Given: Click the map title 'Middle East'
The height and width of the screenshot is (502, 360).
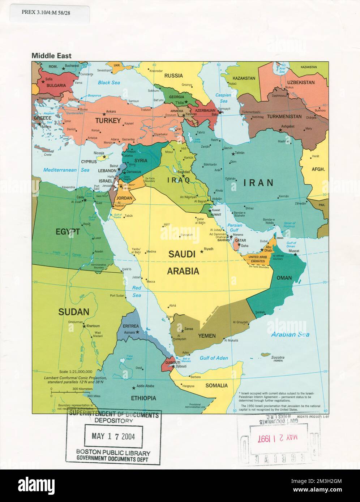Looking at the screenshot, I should click(x=51, y=56).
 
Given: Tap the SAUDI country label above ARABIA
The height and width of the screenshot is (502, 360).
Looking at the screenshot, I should click(x=182, y=254).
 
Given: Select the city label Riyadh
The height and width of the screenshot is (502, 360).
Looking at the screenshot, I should click(x=209, y=249).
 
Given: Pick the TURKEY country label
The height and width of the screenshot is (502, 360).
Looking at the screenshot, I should click(x=108, y=121).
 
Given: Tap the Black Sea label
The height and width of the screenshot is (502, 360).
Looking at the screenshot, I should click(x=109, y=83).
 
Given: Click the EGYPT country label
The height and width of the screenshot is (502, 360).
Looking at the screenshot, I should click(x=68, y=232).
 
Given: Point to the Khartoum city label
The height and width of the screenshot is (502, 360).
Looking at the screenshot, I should click(x=93, y=326).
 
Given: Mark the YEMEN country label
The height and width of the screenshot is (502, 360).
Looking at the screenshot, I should click(x=207, y=336).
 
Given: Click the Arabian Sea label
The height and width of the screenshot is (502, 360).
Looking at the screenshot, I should click(x=290, y=334).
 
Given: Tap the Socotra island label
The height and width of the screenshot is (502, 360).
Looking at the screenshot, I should click(x=278, y=358).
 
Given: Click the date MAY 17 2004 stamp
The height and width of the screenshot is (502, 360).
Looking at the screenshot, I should click(x=113, y=436).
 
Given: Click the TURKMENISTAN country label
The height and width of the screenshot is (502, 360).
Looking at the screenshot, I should click(x=284, y=117).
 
